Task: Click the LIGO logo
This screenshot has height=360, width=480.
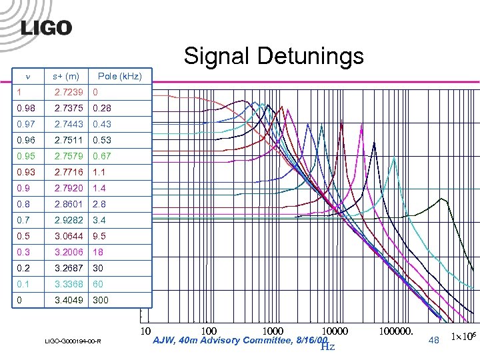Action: pos(45,27)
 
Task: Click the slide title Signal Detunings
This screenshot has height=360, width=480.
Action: pos(273,55)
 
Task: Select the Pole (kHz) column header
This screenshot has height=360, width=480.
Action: pos(119,77)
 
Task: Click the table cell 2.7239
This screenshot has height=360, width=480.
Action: pos(69,93)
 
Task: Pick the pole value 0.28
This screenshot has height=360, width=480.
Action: pos(102,109)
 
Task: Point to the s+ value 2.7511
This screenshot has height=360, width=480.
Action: pos(69,141)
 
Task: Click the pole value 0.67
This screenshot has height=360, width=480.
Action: pos(102,157)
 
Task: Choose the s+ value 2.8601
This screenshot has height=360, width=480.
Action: pos(69,204)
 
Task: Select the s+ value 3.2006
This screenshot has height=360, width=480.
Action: pos(69,252)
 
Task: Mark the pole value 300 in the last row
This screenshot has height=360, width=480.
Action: pos(101,300)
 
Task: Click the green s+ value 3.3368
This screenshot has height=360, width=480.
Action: pos(69,284)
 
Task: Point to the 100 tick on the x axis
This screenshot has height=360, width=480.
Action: pos(209,331)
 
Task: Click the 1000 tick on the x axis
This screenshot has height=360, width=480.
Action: pos(273,331)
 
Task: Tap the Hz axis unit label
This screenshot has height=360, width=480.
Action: pos(327,345)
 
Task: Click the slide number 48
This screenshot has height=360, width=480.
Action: pos(434,340)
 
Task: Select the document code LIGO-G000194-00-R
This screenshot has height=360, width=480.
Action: pos(73,342)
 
